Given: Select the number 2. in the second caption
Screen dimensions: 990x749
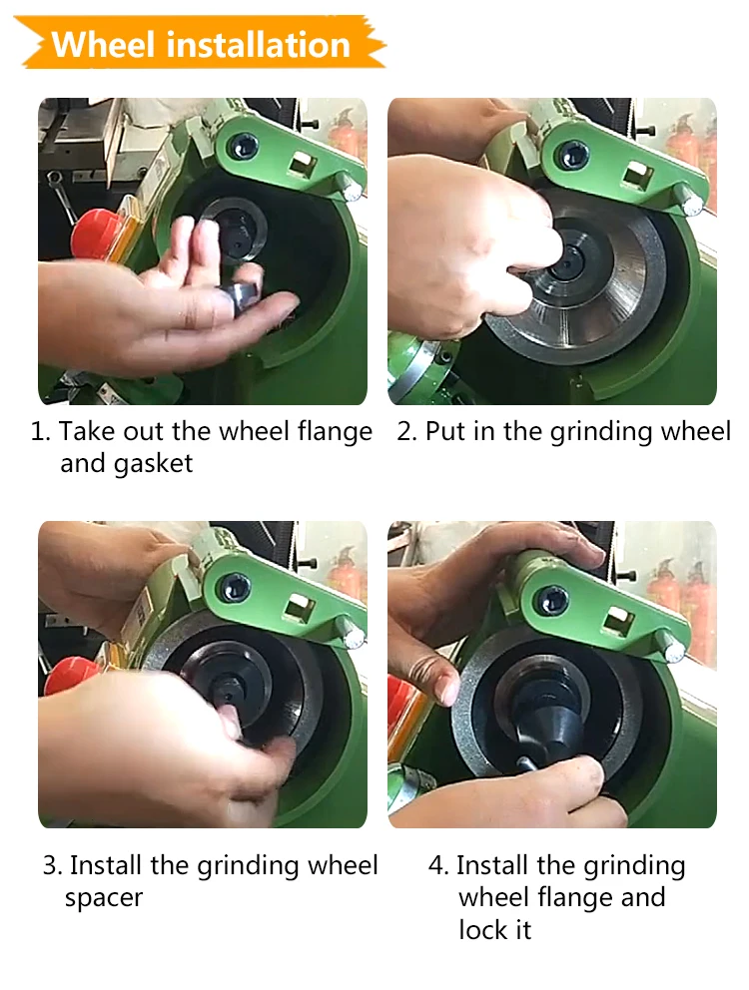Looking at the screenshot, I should tap(406, 432).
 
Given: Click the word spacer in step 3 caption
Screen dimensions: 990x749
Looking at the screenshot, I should tap(104, 897).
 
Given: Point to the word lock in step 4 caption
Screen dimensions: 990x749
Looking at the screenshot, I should tap(484, 930).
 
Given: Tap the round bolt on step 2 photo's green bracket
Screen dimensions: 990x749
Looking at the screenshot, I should tap(572, 155).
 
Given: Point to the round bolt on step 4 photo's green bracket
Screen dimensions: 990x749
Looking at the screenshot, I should tap(551, 600).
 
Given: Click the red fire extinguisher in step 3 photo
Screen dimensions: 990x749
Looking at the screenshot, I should tap(344, 573).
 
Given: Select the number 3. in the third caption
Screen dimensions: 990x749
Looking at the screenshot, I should tap(52, 865).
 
